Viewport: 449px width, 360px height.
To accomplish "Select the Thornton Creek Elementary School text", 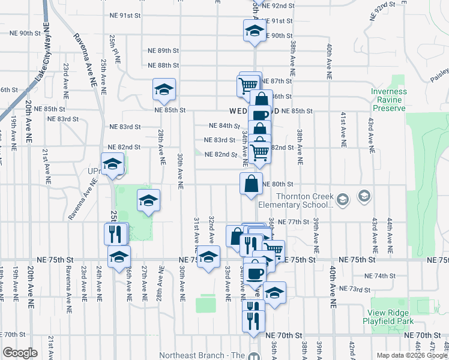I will point(304,200).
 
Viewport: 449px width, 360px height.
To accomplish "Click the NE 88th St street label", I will point(164,65).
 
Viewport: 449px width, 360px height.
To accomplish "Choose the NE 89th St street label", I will point(164,51).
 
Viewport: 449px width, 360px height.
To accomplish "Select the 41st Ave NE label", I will point(343,129).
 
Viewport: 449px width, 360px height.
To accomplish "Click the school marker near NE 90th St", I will point(254,31).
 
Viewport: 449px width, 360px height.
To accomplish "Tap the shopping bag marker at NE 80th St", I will point(251,184).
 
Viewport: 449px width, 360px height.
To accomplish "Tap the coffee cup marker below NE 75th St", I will point(255,271).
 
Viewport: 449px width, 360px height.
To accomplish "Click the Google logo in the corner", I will point(20,353).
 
